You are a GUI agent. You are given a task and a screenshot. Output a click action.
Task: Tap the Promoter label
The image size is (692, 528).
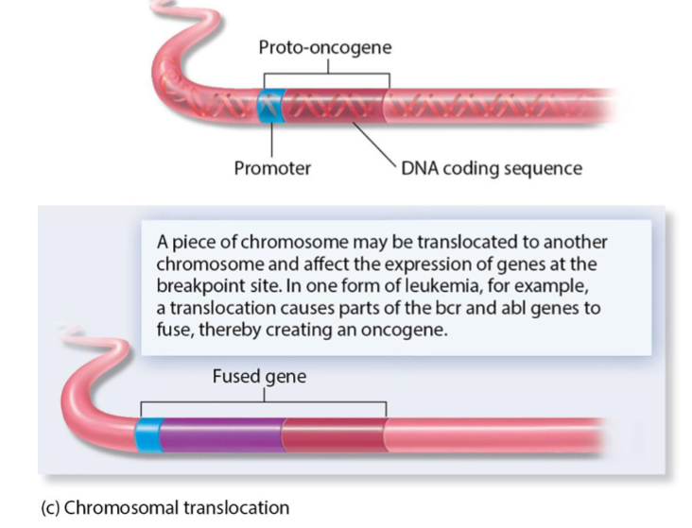point(272,169)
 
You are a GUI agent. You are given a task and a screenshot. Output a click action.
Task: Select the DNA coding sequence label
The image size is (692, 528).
point(491,169)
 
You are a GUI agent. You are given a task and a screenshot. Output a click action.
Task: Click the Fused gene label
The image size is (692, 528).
point(259,377)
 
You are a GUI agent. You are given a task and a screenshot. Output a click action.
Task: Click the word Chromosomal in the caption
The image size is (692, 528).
point(112,506)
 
